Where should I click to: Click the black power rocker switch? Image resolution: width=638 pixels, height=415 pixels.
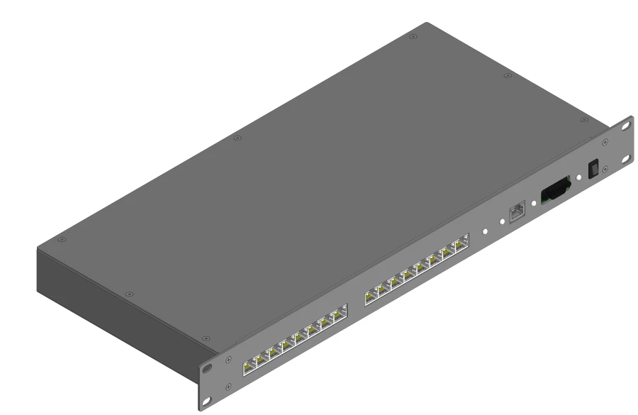[593, 168]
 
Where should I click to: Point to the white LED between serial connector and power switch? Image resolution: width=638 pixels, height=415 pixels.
[578, 178]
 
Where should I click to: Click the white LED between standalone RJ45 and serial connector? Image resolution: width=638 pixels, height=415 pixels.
[533, 203]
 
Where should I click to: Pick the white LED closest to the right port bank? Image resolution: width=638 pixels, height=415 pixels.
[486, 230]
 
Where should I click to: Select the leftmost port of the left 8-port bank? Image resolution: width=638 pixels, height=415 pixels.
[250, 366]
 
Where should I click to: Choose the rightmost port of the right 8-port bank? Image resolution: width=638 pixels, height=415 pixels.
[461, 243]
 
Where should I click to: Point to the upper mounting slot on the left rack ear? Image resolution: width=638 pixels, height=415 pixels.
[208, 369]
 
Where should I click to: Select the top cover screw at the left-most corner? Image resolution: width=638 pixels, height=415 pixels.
[61, 239]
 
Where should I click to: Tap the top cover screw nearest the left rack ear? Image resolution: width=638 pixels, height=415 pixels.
[206, 338]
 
